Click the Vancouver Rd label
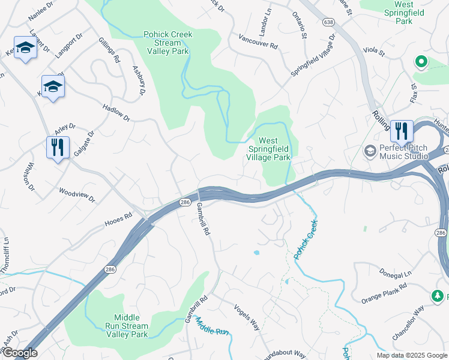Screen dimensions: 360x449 258,45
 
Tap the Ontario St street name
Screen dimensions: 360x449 300,25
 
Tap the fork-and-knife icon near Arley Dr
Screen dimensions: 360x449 58,147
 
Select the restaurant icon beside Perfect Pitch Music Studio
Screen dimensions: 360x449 402,131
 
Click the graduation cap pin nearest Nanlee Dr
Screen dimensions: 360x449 26,47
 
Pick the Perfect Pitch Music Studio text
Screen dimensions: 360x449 403,152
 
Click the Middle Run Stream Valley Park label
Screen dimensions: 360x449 131,326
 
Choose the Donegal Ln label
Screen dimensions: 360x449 396,272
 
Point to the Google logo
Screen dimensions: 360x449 19,353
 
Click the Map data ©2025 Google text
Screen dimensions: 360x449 411,355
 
